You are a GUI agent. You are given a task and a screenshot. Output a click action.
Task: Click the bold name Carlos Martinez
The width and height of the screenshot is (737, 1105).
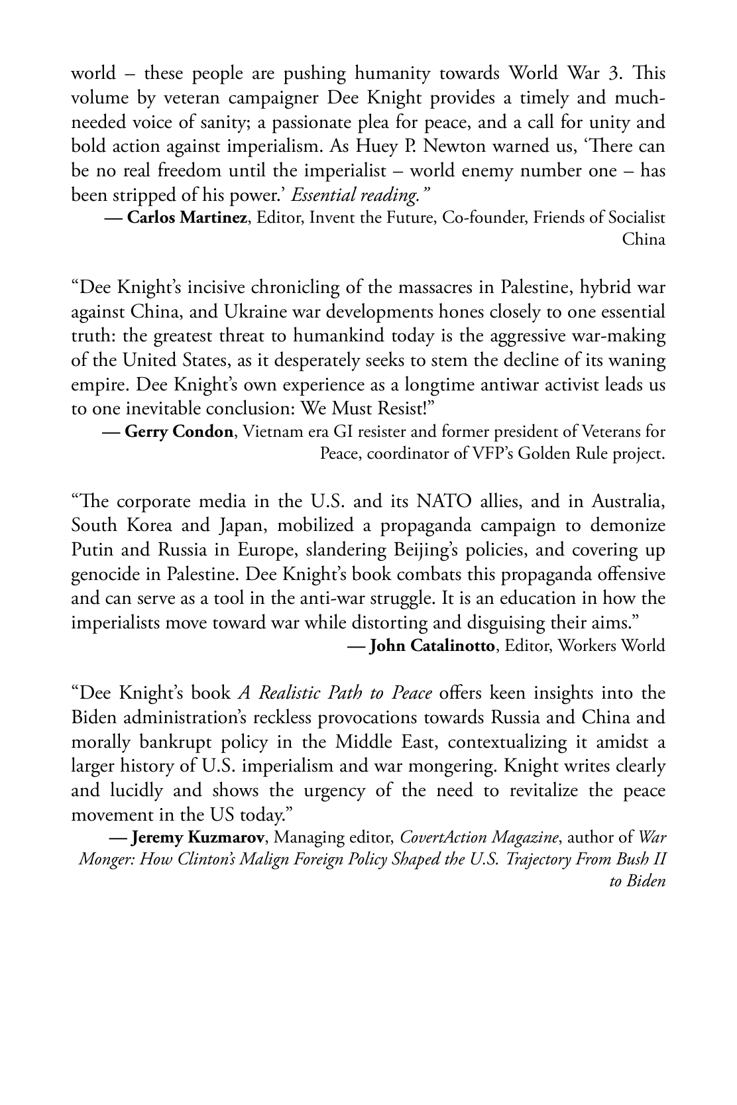point(186,217)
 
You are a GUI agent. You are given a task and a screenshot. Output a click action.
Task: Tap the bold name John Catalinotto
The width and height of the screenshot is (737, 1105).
point(431,645)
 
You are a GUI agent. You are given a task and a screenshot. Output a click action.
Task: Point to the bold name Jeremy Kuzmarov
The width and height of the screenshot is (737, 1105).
point(202,837)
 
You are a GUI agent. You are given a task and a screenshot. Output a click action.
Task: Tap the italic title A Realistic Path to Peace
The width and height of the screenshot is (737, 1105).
point(335,693)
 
